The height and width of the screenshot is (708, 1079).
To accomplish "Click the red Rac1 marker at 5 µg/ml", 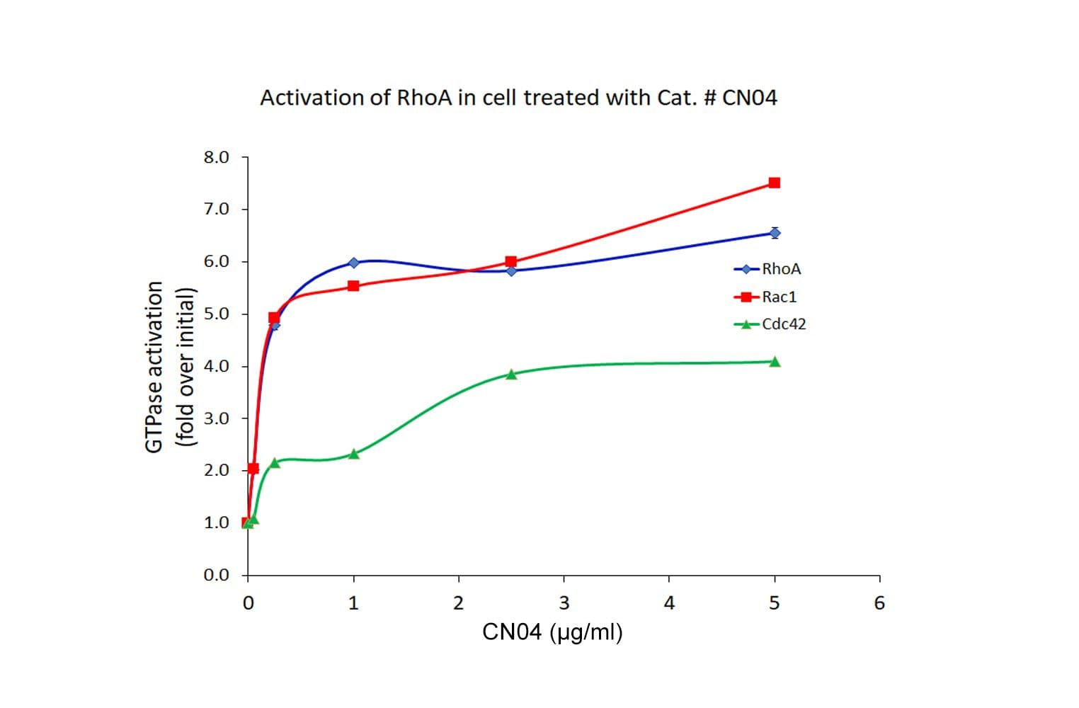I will click(774, 183).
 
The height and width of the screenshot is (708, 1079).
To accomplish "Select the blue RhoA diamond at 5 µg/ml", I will click(775, 233).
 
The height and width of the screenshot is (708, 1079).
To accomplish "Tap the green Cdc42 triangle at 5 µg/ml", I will click(775, 362).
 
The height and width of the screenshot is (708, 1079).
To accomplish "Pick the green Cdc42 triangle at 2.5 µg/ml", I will click(511, 374).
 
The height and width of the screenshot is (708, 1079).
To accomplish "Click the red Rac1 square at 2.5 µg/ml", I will click(511, 261).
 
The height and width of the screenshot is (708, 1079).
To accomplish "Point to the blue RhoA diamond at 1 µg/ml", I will click(353, 263).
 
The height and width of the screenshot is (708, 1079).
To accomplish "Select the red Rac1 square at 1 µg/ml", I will click(353, 286).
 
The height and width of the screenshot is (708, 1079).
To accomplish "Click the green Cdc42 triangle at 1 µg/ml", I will click(354, 454).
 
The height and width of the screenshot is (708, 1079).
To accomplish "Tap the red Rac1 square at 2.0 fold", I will click(253, 469).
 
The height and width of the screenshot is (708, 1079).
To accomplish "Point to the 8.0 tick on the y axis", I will click(216, 157).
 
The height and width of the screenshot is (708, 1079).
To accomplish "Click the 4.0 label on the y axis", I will click(216, 366).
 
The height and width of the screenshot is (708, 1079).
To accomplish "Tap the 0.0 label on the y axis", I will click(216, 575).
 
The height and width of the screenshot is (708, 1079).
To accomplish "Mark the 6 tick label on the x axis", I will click(879, 603).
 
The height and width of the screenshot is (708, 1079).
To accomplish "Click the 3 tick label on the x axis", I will click(564, 603).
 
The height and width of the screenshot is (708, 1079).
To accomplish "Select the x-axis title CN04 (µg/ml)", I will click(552, 632).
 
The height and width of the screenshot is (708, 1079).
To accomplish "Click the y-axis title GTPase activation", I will click(154, 366).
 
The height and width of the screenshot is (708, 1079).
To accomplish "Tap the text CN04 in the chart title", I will click(749, 98).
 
